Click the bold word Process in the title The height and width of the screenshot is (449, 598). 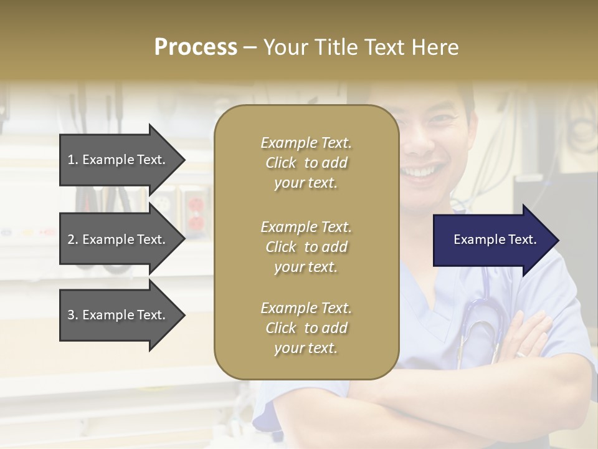(x=196, y=47)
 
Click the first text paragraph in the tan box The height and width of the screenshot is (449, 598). (x=306, y=163)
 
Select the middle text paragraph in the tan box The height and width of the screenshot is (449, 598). (x=306, y=247)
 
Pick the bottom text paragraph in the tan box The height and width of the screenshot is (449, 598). (x=306, y=328)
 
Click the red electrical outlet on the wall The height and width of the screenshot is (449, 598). (x=195, y=212)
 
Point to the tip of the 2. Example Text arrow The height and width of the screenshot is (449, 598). (x=184, y=239)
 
